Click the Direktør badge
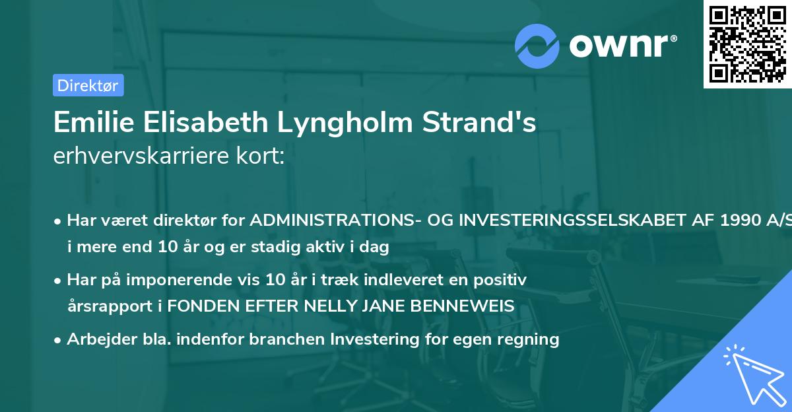pyautogui.click(x=88, y=85)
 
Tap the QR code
pyautogui.click(x=747, y=44)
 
